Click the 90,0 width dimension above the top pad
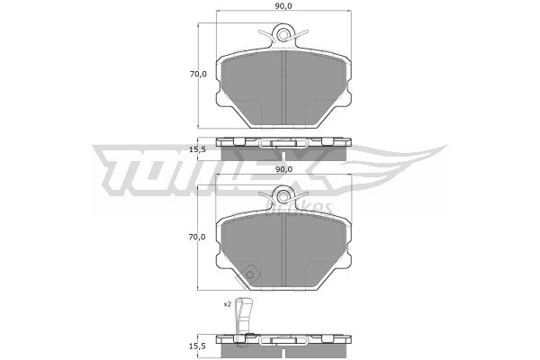[x=283, y=6]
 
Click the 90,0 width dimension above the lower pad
[x=283, y=169]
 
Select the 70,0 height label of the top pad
[x=198, y=74]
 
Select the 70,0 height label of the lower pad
[x=198, y=237]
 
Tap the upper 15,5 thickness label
[x=198, y=150]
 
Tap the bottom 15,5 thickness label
[x=198, y=346]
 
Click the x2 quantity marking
[x=227, y=304]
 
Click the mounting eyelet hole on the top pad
[x=283, y=35]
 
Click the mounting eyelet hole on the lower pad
[x=283, y=197]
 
